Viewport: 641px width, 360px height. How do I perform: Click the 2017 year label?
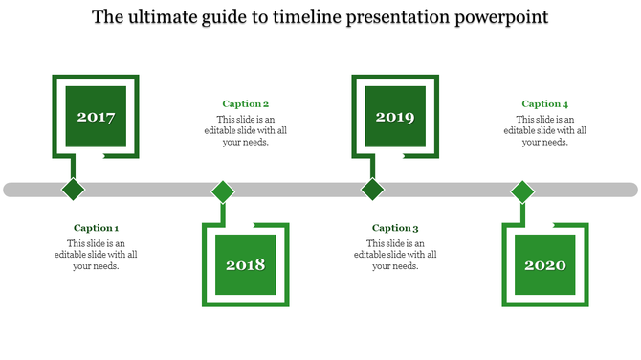96,118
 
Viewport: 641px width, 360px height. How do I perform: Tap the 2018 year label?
245,265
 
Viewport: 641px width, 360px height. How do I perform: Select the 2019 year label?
394,118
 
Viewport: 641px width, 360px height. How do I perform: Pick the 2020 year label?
545,265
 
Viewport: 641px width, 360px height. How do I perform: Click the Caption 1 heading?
96,228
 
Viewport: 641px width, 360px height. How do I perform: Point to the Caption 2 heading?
245,104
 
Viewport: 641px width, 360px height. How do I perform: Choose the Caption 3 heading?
395,228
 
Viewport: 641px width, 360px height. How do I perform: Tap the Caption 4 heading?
545,104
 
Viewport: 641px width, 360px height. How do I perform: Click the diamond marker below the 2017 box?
73,189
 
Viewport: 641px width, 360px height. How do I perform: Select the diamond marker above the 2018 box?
223,191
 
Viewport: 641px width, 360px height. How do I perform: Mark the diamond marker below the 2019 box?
372,189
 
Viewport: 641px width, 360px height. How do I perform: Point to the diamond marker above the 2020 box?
522,191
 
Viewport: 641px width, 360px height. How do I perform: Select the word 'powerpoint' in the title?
503,18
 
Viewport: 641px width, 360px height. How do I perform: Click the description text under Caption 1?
96,255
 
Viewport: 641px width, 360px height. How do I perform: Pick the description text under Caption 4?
545,130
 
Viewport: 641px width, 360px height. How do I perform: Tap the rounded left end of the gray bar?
10,190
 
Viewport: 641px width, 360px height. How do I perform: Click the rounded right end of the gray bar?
631,190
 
